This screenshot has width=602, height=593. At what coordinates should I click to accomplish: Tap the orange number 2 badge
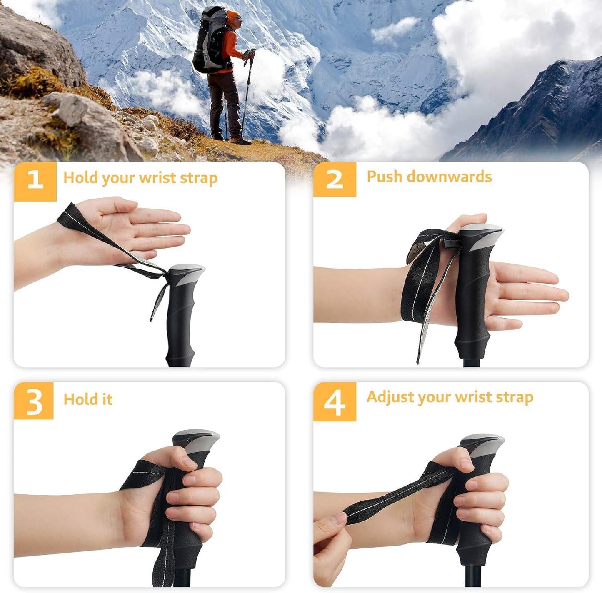click(x=335, y=179)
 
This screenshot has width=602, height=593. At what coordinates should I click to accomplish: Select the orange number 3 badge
click(x=34, y=401)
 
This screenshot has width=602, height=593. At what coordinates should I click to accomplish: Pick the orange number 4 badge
click(x=335, y=401)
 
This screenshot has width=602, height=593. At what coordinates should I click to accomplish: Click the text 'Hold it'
click(x=88, y=399)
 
